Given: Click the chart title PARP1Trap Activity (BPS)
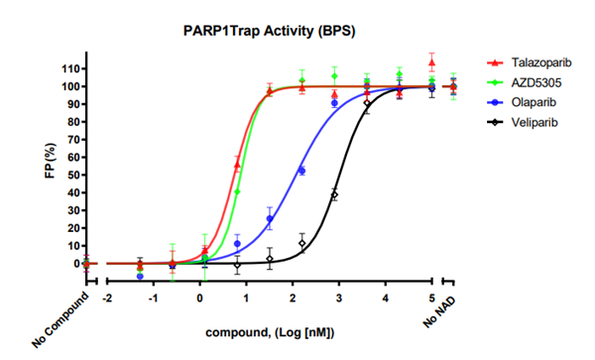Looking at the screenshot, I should pos(269,31).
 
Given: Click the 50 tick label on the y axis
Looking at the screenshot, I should pos(69,175).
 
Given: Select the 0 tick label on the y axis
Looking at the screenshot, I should pos(73,264).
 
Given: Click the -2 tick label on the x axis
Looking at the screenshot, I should pos(106,298).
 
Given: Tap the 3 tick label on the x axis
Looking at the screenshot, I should pos(339,298).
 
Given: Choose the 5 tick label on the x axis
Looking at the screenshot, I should pos(431,298).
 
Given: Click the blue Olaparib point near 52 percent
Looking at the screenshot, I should pos(301,171).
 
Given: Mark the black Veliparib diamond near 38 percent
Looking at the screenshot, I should pos(334,195).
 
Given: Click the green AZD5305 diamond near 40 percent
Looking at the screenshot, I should pos(238,190).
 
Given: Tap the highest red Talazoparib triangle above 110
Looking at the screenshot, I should pos(431,62).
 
